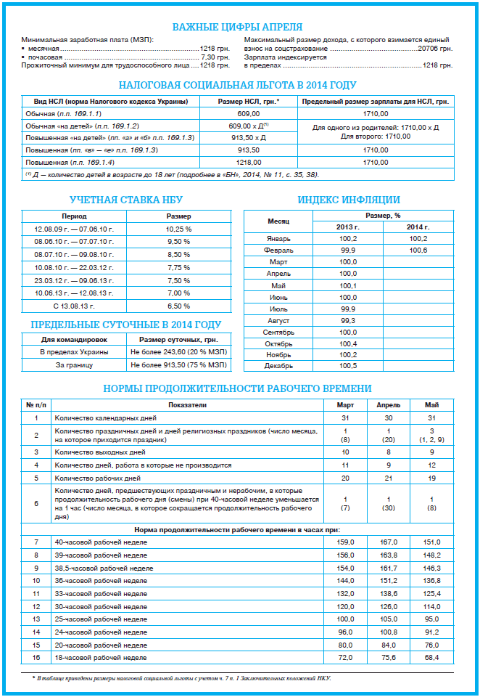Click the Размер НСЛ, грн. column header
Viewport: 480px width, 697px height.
249,102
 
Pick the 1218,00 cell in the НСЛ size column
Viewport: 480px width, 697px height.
249,163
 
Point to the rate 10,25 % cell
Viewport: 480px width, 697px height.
179,229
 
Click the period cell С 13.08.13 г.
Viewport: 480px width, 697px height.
74,306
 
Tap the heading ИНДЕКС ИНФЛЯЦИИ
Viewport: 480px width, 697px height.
349,200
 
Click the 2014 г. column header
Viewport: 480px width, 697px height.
418,227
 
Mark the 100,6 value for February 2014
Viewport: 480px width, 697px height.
418,250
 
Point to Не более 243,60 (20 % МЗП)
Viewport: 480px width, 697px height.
179,351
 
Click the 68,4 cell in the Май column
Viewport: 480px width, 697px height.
431,658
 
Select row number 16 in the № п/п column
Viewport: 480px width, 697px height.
36,658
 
